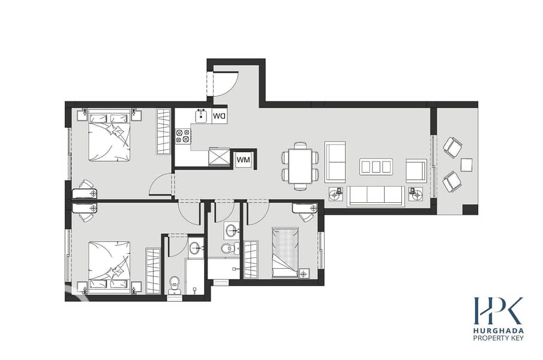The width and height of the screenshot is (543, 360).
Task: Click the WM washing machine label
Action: click(243, 160)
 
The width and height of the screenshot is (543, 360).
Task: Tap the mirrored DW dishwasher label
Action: click(219, 116)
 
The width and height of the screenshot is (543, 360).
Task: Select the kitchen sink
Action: click(201, 116)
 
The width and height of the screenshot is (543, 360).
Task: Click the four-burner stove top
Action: click(183, 136)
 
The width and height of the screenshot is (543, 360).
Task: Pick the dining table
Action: click(300, 166)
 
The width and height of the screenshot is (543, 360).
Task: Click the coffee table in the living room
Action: click(376, 167)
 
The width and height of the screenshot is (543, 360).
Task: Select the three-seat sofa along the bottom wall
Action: click(376, 196)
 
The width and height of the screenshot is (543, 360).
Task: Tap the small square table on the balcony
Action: click(466, 165)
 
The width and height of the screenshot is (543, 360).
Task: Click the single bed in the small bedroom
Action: click(285, 253)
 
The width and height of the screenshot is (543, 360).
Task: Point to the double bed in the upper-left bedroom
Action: click(109, 135)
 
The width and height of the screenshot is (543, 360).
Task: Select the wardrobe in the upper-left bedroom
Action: click(163, 131)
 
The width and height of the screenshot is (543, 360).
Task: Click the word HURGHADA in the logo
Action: click(499, 331)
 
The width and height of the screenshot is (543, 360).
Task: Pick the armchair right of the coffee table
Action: click(416, 170)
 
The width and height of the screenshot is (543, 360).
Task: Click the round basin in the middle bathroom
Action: click(232, 229)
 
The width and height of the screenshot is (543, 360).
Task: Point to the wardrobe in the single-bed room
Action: click(251, 260)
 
